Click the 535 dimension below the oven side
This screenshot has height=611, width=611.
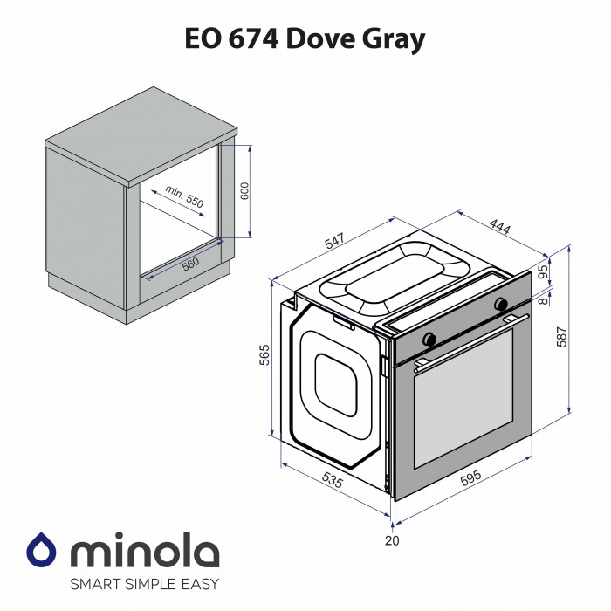point(332,480)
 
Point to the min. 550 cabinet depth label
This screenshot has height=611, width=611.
point(184,197)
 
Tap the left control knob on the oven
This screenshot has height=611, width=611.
point(429,338)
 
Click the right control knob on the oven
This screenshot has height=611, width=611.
point(501,305)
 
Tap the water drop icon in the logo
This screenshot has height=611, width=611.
point(42,551)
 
